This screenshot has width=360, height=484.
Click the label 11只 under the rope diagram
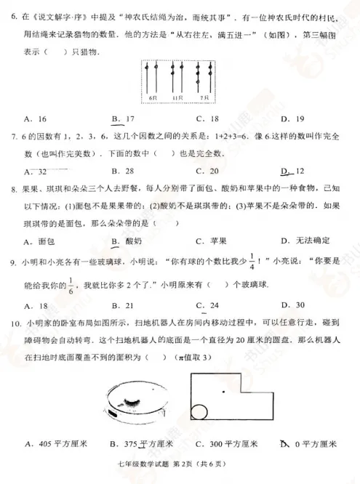[177, 97]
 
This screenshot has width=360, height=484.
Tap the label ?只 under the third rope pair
[204, 97]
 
